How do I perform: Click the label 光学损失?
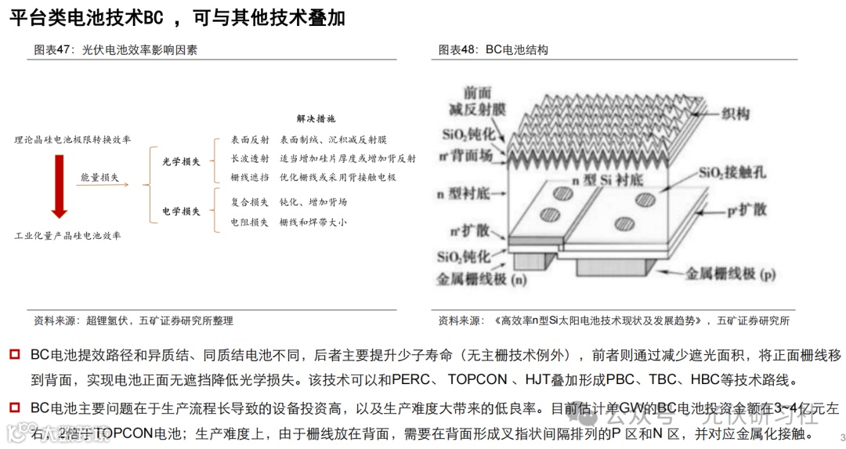pos(181,161)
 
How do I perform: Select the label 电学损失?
pos(181,212)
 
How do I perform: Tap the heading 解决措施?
pos(316,119)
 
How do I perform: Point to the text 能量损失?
pos(99,178)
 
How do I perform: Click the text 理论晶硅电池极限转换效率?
pos(72,139)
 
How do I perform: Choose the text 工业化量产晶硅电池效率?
pos(67,235)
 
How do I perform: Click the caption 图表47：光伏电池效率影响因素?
pos(115,50)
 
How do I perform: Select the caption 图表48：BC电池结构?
pos(493,50)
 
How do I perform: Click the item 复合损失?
pos(250,202)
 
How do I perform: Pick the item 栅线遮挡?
pos(250,178)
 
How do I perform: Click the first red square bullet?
pos(14,355)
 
